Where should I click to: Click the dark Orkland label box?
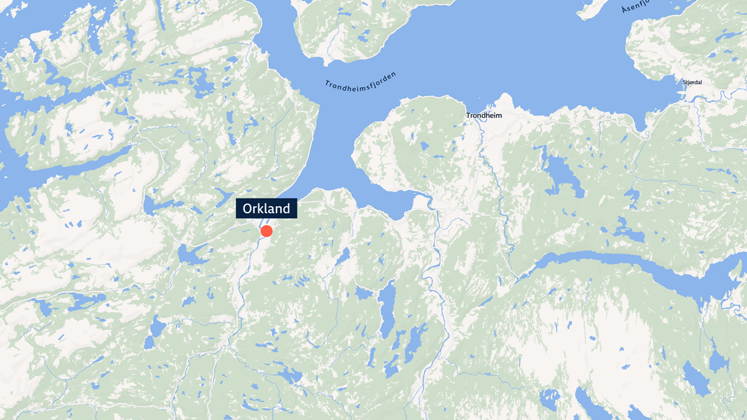(x=267, y=209)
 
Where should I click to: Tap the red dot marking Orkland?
(x=267, y=231)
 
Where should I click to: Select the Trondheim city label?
(x=484, y=116)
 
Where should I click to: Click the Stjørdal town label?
(x=693, y=82)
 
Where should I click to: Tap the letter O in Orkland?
(x=249, y=209)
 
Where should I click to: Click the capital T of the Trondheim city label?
(x=469, y=116)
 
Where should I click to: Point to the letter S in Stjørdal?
(x=684, y=82)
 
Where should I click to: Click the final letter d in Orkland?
(x=285, y=209)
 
